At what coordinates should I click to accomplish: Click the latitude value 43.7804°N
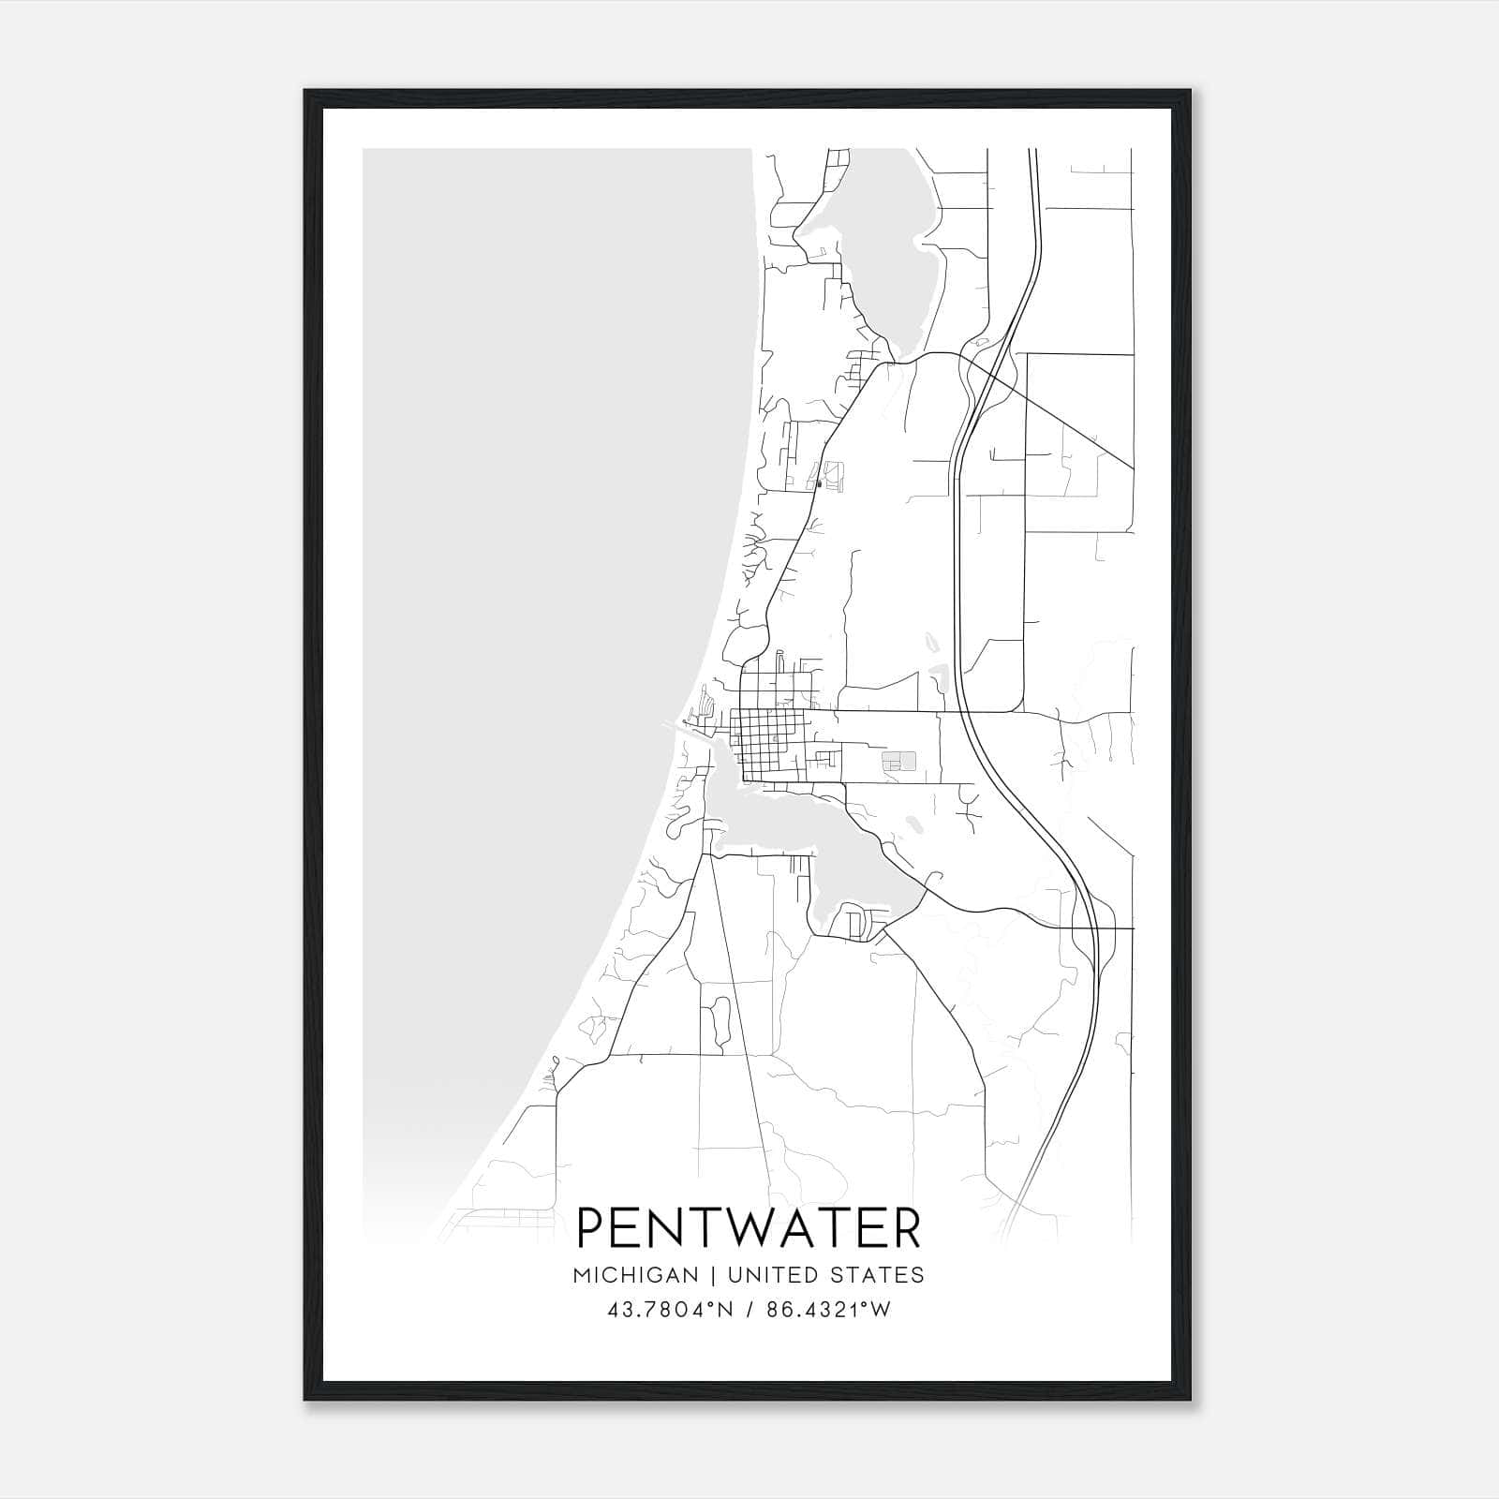(668, 1311)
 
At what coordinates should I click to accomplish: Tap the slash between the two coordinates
(749, 1311)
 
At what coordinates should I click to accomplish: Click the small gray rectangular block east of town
(898, 760)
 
